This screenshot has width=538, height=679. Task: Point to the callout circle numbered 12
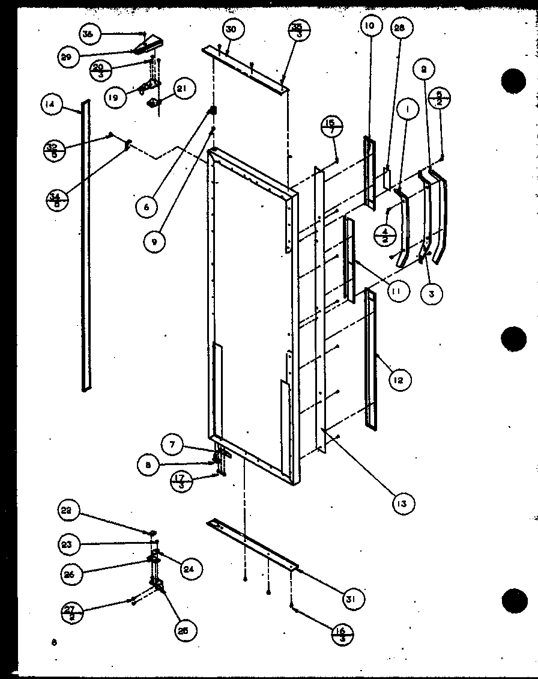click(x=399, y=379)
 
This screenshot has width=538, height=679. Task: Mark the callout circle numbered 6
click(x=146, y=207)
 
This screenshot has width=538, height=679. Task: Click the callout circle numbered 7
click(x=172, y=445)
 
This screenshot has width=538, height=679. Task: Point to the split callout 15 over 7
click(x=331, y=127)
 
